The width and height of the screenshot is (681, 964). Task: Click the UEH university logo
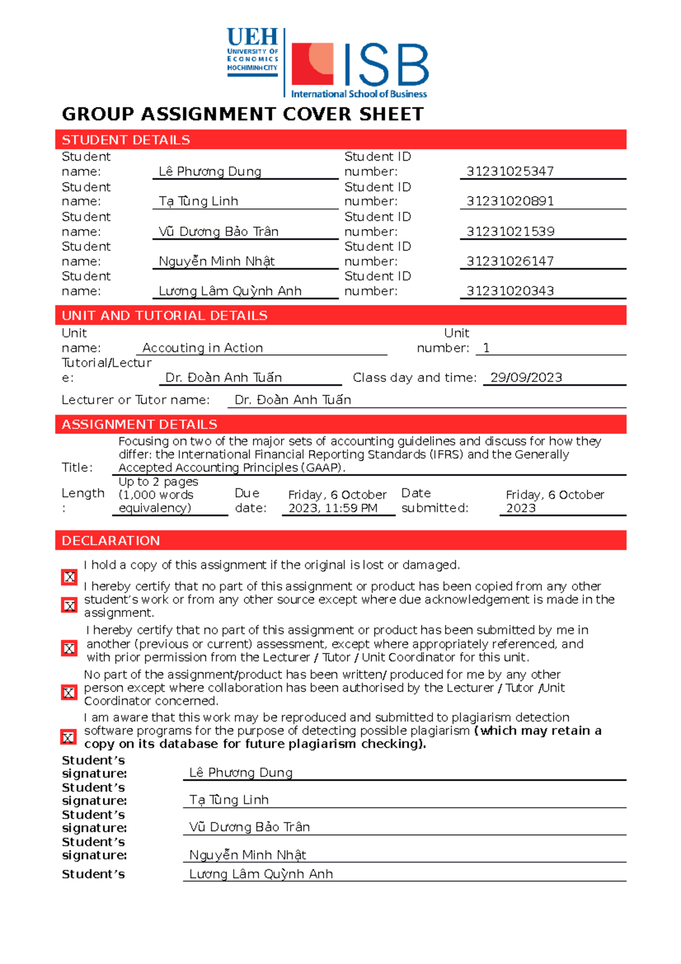point(252,51)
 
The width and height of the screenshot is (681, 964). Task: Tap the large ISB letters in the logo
point(386,65)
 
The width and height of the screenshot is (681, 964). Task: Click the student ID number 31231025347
point(510,171)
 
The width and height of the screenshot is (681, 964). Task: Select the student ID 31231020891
point(510,201)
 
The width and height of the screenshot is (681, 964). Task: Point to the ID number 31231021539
point(510,231)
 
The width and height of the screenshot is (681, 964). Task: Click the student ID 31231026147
point(510,261)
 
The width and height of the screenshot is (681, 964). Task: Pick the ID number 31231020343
point(510,291)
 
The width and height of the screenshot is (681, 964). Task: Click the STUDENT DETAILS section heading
point(125,140)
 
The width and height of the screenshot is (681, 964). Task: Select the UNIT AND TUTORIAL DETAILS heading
point(164,316)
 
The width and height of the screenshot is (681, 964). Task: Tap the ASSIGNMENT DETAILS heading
point(139,424)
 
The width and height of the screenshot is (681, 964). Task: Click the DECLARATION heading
point(111,540)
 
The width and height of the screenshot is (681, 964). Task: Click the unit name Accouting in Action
point(202,347)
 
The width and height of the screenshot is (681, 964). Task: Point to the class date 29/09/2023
point(526,378)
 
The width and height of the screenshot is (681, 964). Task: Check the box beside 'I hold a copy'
point(69,577)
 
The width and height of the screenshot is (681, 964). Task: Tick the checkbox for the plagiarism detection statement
point(68,737)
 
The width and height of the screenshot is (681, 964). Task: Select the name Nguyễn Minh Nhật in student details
point(216,261)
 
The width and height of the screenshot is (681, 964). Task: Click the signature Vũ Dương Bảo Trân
point(249,827)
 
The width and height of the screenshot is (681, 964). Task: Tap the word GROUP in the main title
point(98,114)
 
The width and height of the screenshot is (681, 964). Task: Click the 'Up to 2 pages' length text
point(158,481)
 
